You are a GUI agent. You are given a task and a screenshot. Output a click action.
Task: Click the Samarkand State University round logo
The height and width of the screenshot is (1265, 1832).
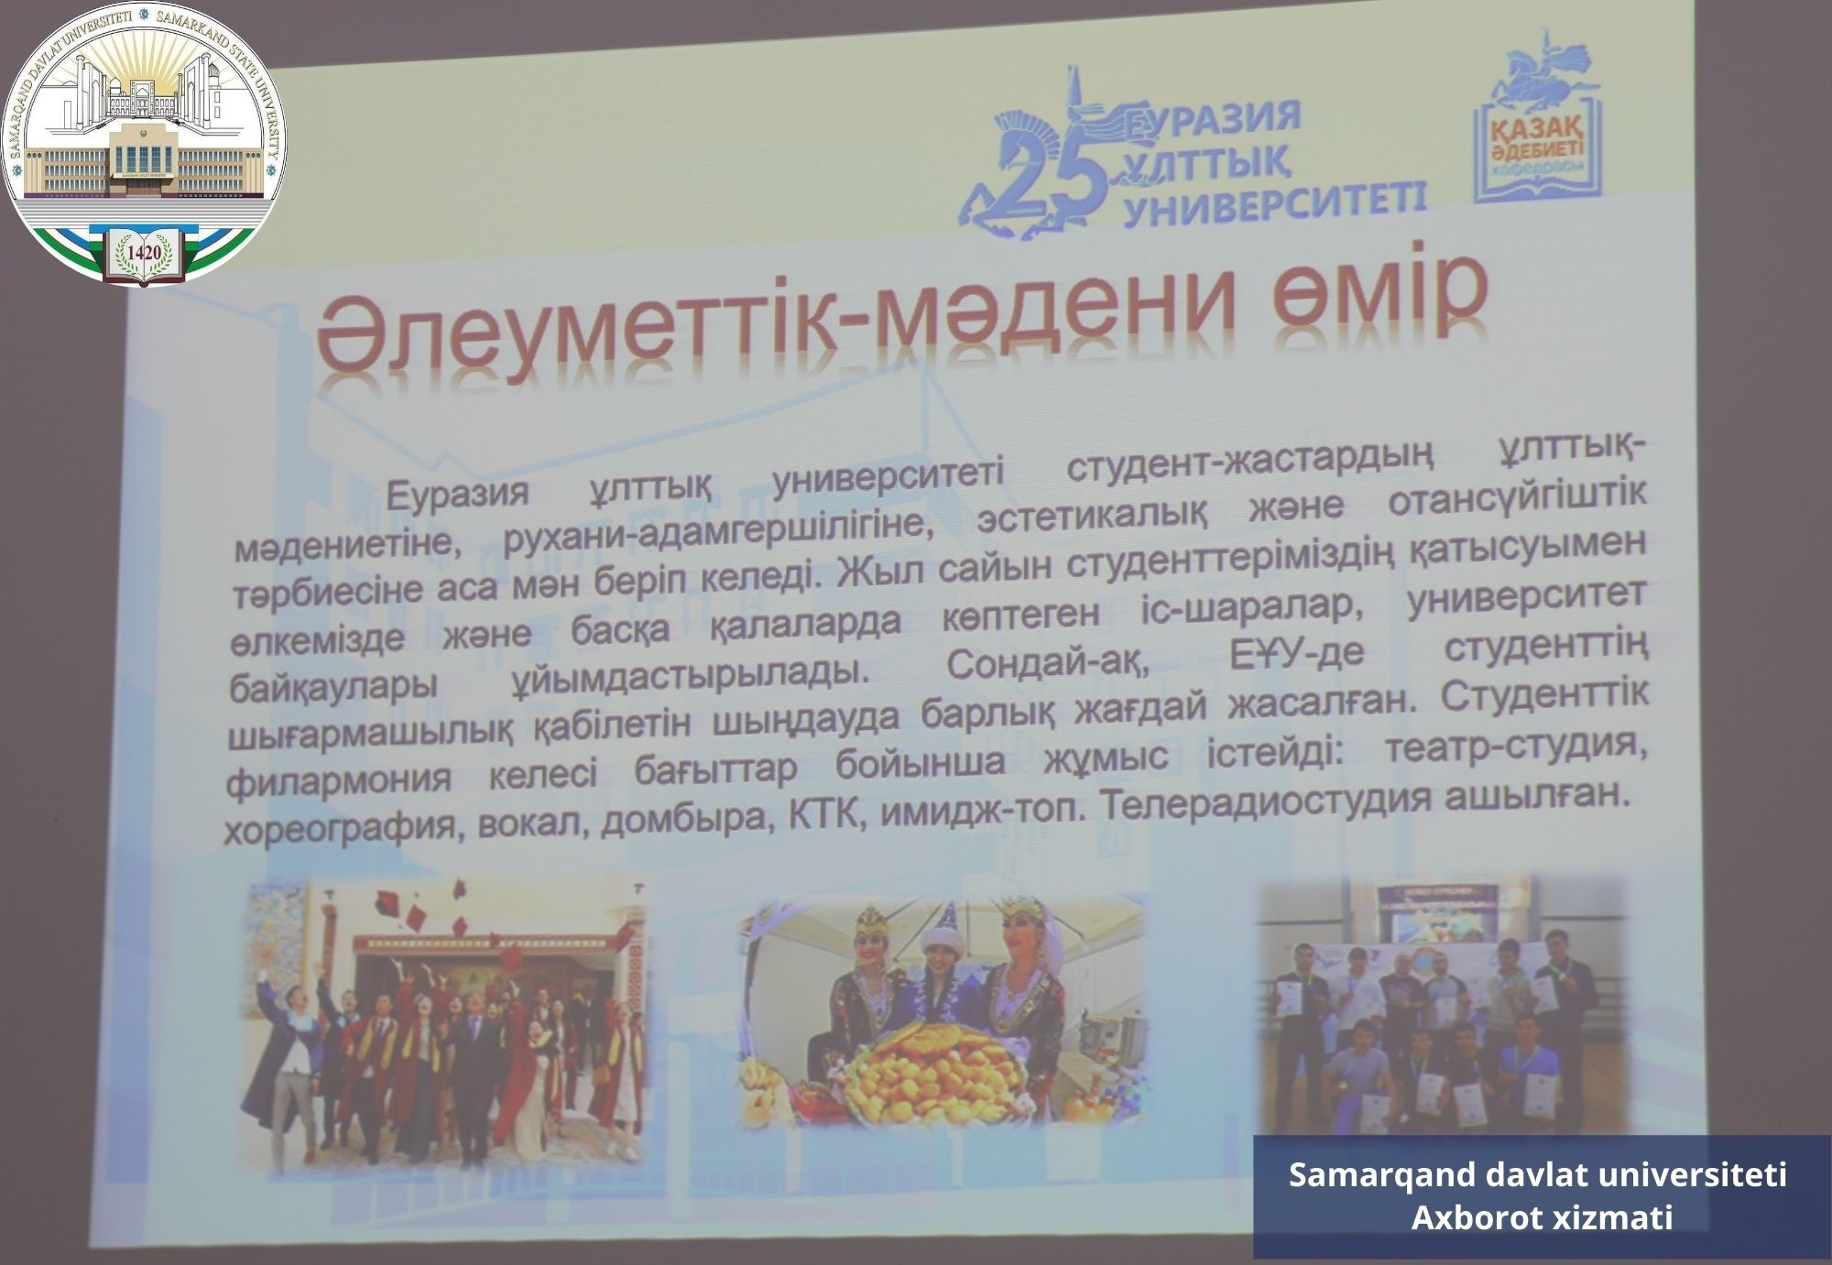(x=145, y=145)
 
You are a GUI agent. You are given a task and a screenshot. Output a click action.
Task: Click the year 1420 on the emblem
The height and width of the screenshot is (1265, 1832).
(x=145, y=249)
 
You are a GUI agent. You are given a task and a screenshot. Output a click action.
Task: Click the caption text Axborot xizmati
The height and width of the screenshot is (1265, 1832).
(x=1543, y=1218)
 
